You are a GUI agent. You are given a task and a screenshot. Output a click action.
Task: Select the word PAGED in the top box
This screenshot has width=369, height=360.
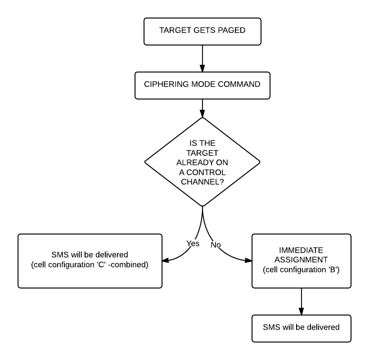coord(232,30)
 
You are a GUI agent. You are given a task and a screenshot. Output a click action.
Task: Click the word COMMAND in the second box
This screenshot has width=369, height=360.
coord(239,84)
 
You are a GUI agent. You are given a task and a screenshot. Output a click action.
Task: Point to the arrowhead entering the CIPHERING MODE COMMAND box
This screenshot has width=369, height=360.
coord(202,68)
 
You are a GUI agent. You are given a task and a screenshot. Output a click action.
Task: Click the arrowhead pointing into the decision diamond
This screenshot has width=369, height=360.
coord(202,114)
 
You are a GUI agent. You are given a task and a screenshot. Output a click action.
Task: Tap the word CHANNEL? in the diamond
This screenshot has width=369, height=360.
coord(202,182)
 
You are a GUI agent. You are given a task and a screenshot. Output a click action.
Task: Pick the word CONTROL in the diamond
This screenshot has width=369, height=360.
coord(206,172)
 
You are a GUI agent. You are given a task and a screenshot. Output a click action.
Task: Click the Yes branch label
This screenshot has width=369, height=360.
coord(193,243)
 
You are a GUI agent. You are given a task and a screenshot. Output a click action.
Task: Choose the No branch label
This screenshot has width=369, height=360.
coord(216,245)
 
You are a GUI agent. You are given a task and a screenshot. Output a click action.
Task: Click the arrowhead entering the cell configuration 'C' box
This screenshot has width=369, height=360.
coord(166,261)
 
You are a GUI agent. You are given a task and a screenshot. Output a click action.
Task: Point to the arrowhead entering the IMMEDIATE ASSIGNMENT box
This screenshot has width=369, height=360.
coord(248,260)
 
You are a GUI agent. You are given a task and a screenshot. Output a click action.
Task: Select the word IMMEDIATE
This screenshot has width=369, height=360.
coord(301,250)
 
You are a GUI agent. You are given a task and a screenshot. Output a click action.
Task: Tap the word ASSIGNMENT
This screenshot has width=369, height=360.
coord(301,260)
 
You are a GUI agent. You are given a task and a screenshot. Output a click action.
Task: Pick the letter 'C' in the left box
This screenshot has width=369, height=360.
coord(101,265)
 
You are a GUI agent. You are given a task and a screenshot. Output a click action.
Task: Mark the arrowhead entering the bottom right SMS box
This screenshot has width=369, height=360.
coord(301,311)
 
